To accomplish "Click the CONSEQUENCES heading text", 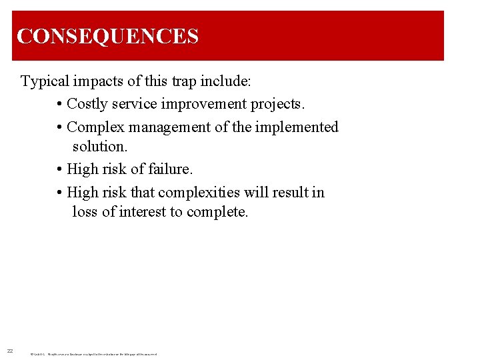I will [x=107, y=36].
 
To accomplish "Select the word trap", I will [x=170, y=82].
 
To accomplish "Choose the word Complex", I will [x=95, y=127].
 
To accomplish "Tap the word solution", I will [x=99, y=146].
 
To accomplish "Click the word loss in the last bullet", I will [x=85, y=212].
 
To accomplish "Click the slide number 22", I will [x=10, y=351].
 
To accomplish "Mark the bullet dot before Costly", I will [x=60, y=105].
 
